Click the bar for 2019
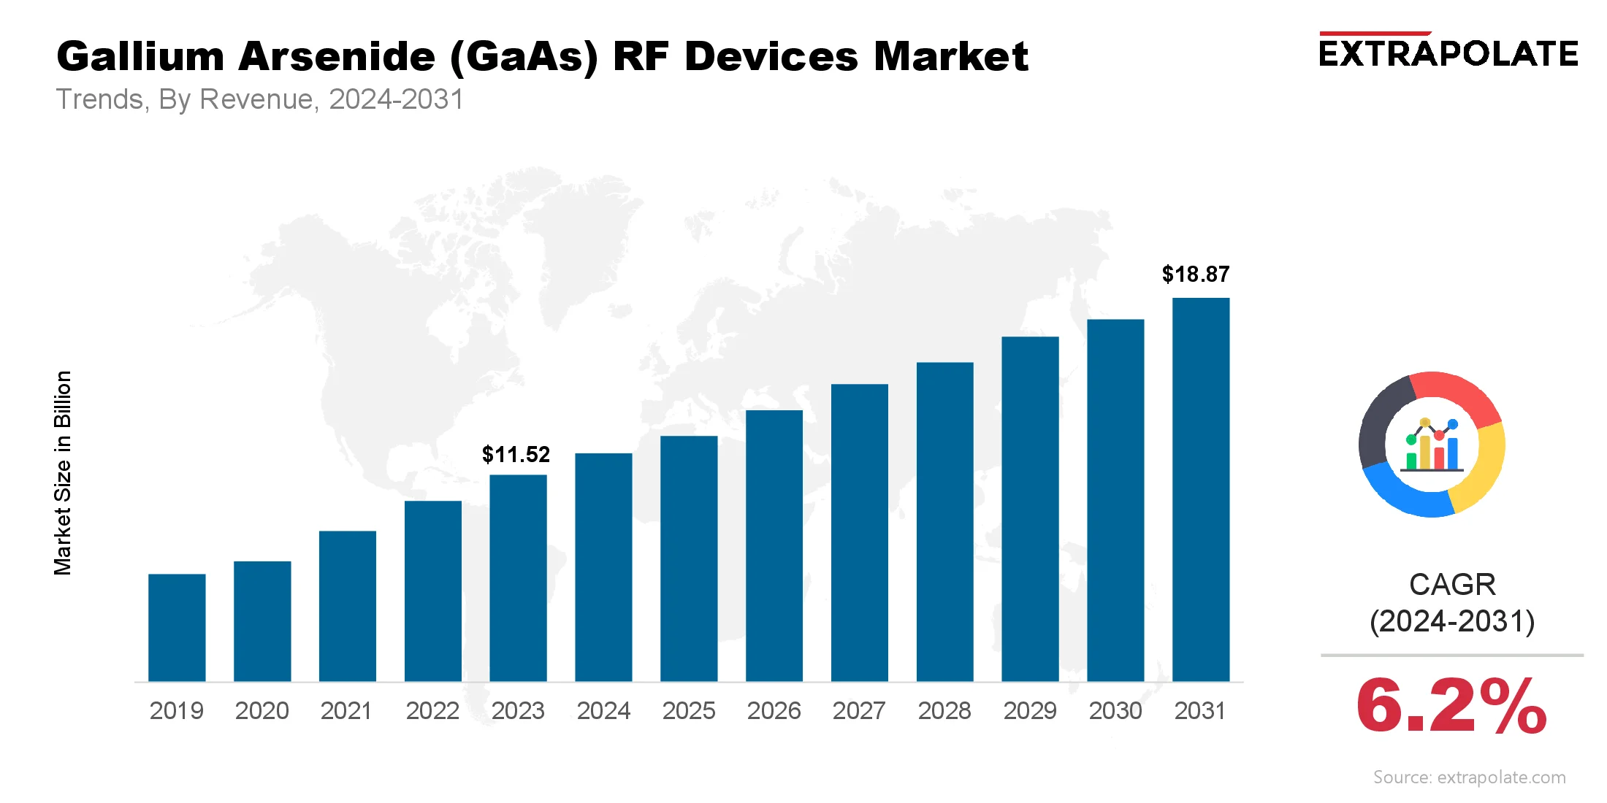click(177, 628)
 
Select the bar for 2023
click(518, 578)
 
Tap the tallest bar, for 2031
click(1201, 489)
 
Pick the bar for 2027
click(860, 533)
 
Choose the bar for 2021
click(348, 606)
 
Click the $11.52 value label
click(516, 455)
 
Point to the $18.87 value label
click(1196, 274)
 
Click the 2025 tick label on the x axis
click(689, 711)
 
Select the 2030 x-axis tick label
click(1115, 711)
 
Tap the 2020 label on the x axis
click(262, 711)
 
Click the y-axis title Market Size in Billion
click(63, 473)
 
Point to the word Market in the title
click(951, 57)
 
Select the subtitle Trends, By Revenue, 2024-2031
click(260, 99)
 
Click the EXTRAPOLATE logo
click(1448, 53)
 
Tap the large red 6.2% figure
click(1451, 706)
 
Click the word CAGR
click(1452, 585)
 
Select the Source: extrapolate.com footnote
click(1469, 777)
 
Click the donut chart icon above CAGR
click(1432, 444)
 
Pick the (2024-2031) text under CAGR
click(1452, 622)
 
